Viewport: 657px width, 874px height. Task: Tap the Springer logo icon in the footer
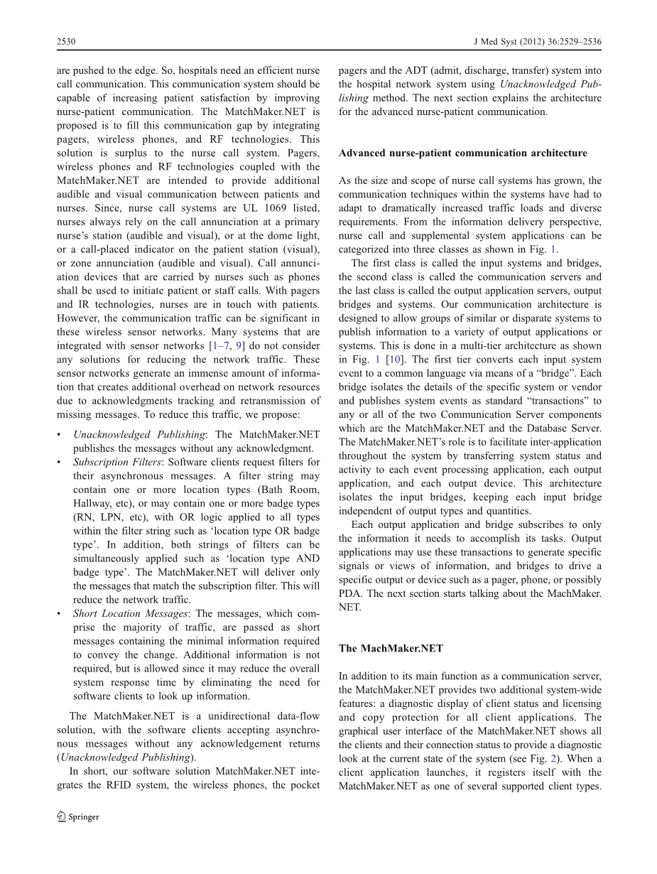coord(62,816)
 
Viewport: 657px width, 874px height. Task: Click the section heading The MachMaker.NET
coord(391,648)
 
